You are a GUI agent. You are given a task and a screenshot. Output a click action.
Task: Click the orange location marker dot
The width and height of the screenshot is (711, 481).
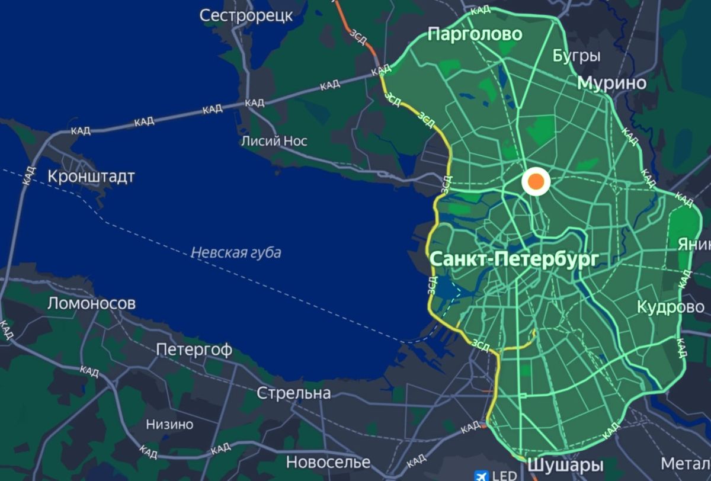536,182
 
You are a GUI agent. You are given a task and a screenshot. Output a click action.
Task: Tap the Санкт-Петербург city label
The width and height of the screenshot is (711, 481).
514,259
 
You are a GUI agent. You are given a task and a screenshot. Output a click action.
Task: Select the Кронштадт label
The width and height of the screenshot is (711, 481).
91,177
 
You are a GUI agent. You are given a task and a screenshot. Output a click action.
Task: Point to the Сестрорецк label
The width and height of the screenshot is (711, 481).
246,15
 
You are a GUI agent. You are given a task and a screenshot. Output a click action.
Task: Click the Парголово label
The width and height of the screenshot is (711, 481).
475,34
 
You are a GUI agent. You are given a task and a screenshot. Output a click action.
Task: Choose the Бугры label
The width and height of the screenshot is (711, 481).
577,56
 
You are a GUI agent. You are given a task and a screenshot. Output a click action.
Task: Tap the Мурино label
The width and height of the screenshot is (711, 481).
612,83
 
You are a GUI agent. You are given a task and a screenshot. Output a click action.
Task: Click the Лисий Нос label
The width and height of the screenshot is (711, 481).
274,141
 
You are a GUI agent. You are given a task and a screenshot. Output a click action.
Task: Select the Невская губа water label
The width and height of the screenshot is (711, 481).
236,253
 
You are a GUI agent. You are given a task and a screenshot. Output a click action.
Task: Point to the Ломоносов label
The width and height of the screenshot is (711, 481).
91,304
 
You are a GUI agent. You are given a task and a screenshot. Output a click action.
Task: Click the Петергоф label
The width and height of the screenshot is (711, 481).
194,350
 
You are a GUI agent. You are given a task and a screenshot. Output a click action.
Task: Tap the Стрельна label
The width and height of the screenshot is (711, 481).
294,393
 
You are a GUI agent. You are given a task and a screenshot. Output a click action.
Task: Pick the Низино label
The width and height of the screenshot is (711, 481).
169,425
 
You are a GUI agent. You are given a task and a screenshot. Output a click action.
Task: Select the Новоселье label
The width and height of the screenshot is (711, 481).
328,462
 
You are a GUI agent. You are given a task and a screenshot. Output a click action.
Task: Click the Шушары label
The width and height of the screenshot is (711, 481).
556,465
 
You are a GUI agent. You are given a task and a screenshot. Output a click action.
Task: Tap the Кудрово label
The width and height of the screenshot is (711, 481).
671,307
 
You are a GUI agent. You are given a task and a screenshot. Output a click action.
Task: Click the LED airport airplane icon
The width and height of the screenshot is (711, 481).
482,475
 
